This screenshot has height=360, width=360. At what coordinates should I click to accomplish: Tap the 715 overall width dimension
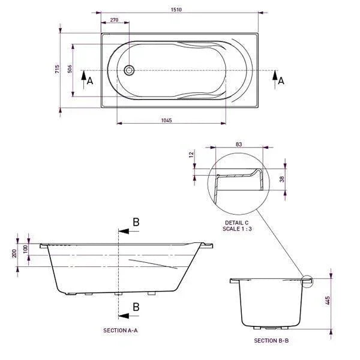57,69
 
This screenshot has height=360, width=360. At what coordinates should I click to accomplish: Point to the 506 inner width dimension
70,69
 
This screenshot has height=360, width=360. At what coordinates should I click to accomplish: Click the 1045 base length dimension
167,121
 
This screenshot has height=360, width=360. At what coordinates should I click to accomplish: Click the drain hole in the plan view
128,70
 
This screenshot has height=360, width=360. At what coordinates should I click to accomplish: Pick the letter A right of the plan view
281,79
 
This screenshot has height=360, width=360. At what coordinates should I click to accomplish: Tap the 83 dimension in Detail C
238,145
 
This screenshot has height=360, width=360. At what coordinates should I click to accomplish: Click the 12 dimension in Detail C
192,155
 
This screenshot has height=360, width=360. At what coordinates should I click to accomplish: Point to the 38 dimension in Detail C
283,178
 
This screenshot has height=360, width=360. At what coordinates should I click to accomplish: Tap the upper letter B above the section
136,222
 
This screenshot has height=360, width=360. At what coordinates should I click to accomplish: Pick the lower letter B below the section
136,307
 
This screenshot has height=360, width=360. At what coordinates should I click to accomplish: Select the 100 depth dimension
25,248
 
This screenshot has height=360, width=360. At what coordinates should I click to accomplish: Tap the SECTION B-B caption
271,340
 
